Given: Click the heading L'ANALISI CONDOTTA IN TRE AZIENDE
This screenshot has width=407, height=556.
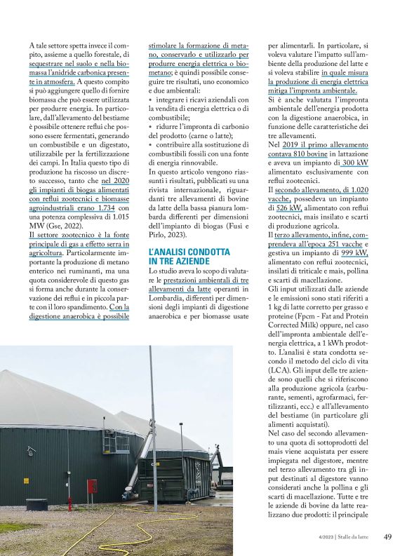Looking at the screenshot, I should [x=189, y=256].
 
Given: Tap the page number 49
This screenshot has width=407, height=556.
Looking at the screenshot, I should [x=387, y=538].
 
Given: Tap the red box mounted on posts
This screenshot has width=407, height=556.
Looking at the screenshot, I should [x=91, y=486].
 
